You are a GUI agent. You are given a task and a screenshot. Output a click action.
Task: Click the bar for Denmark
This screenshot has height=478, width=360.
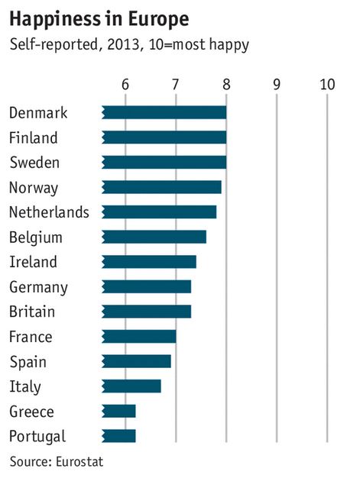[164, 112]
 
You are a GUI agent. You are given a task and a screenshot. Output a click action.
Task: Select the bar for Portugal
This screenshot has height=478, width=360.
[118, 436]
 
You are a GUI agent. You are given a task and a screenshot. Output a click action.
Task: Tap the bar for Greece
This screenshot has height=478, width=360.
[118, 412]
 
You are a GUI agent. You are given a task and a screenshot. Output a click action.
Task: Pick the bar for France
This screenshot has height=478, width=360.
[139, 337]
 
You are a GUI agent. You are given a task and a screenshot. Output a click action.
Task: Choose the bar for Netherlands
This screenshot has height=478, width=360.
[159, 212]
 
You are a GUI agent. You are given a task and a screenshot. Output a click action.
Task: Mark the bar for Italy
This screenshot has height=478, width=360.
[131, 386]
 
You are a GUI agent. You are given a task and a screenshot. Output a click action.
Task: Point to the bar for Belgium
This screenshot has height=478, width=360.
[154, 237]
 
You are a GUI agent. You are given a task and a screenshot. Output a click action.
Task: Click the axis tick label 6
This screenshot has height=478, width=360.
[125, 85]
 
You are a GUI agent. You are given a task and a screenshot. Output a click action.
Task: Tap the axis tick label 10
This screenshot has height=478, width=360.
[327, 85]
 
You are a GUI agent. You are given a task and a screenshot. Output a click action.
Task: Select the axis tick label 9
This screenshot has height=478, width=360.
[277, 85]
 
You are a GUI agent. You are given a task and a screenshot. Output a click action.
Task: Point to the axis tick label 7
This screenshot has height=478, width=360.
[175, 85]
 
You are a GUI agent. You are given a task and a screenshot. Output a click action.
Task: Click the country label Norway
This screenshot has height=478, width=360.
[34, 188]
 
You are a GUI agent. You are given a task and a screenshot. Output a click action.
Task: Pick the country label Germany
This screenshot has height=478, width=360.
[38, 287]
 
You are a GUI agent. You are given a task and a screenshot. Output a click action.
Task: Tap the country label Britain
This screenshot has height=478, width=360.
[32, 312]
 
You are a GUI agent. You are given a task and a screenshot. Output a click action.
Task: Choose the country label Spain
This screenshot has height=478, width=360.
[28, 362]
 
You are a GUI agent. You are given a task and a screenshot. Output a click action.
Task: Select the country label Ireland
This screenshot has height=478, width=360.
[34, 262]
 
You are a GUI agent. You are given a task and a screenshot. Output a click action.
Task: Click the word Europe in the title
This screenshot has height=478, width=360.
[158, 20]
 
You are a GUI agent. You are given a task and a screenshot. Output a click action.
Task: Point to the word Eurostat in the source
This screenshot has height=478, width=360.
[79, 461]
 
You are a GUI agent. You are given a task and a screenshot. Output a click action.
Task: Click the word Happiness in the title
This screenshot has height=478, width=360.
[55, 20]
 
